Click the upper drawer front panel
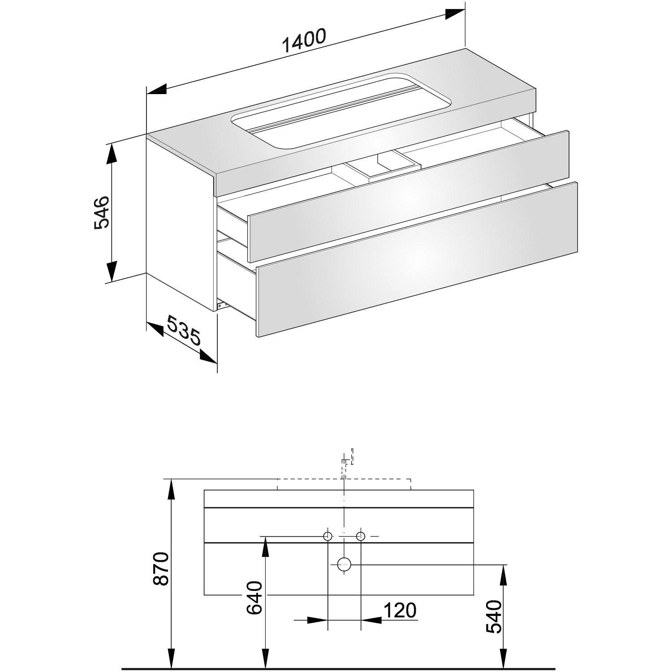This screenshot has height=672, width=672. coord(408,196)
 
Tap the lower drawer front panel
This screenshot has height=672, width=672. coord(417,258)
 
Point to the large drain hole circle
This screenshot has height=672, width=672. coord(344,565)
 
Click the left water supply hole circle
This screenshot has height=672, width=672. coord(328,536)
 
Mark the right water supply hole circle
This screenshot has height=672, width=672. coord(361,536)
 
